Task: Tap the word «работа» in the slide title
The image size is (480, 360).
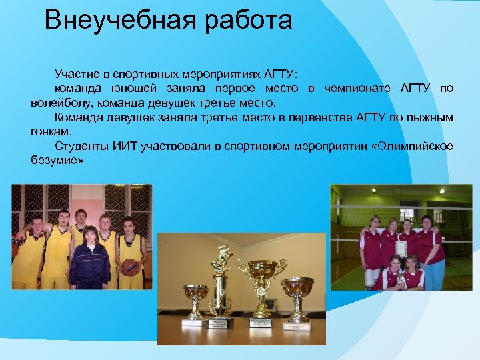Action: (x=241, y=20)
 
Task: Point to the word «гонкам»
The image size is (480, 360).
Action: (x=50, y=132)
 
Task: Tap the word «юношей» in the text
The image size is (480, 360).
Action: (x=161, y=89)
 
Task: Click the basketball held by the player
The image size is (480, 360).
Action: (x=130, y=267)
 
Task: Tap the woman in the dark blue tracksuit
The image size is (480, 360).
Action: (x=89, y=261)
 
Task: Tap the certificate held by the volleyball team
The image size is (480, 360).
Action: (x=400, y=247)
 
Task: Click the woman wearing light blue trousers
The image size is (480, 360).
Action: (x=432, y=253)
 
